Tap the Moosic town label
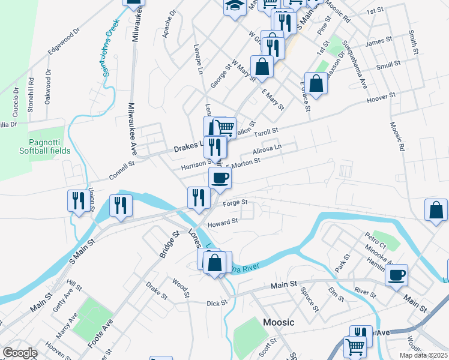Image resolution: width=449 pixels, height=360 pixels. (279, 322)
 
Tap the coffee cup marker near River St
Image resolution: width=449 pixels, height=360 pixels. (396, 275)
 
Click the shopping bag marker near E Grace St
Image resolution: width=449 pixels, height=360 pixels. (316, 83)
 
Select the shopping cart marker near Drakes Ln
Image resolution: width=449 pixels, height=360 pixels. (224, 127)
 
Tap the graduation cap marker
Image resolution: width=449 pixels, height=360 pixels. (234, 7)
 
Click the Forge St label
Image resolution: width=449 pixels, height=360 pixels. (235, 203)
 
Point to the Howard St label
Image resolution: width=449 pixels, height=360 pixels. (223, 223)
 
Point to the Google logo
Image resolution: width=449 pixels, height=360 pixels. (20, 353)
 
